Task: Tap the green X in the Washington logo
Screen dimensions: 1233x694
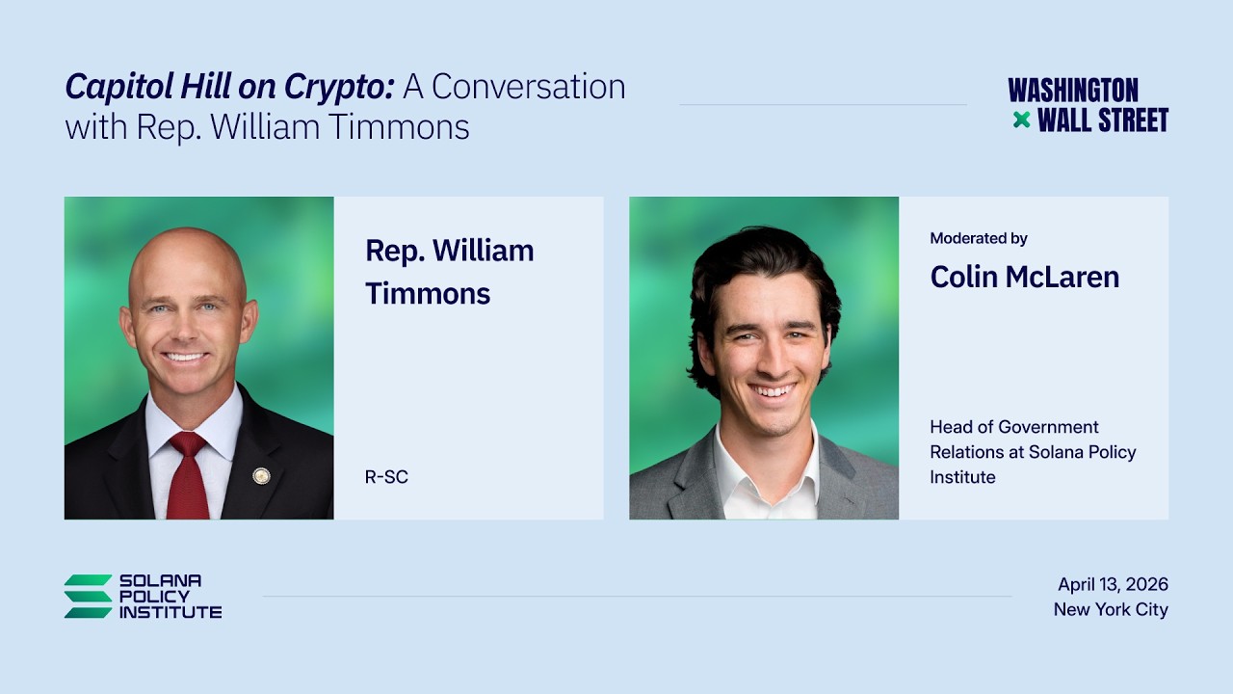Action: tap(1022, 120)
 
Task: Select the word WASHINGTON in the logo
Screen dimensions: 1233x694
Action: tap(1073, 91)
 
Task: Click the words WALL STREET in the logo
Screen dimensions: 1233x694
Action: tap(1103, 120)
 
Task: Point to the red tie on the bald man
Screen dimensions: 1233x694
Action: tap(188, 475)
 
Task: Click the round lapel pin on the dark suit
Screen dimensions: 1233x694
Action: tap(261, 476)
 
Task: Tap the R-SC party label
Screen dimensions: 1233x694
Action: tap(386, 477)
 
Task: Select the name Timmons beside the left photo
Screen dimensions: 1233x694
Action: tap(428, 293)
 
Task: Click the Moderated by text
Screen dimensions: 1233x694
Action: tap(979, 238)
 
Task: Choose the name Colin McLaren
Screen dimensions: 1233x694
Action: tap(1025, 277)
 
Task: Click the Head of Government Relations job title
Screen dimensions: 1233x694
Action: tap(1033, 452)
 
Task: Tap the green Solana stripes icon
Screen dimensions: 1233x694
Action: tap(88, 597)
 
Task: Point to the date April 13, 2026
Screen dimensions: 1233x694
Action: tap(1113, 584)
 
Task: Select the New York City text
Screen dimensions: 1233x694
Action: tap(1111, 610)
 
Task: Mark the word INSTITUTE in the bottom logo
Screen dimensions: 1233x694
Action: tap(171, 612)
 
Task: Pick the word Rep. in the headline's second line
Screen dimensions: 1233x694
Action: tap(168, 126)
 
